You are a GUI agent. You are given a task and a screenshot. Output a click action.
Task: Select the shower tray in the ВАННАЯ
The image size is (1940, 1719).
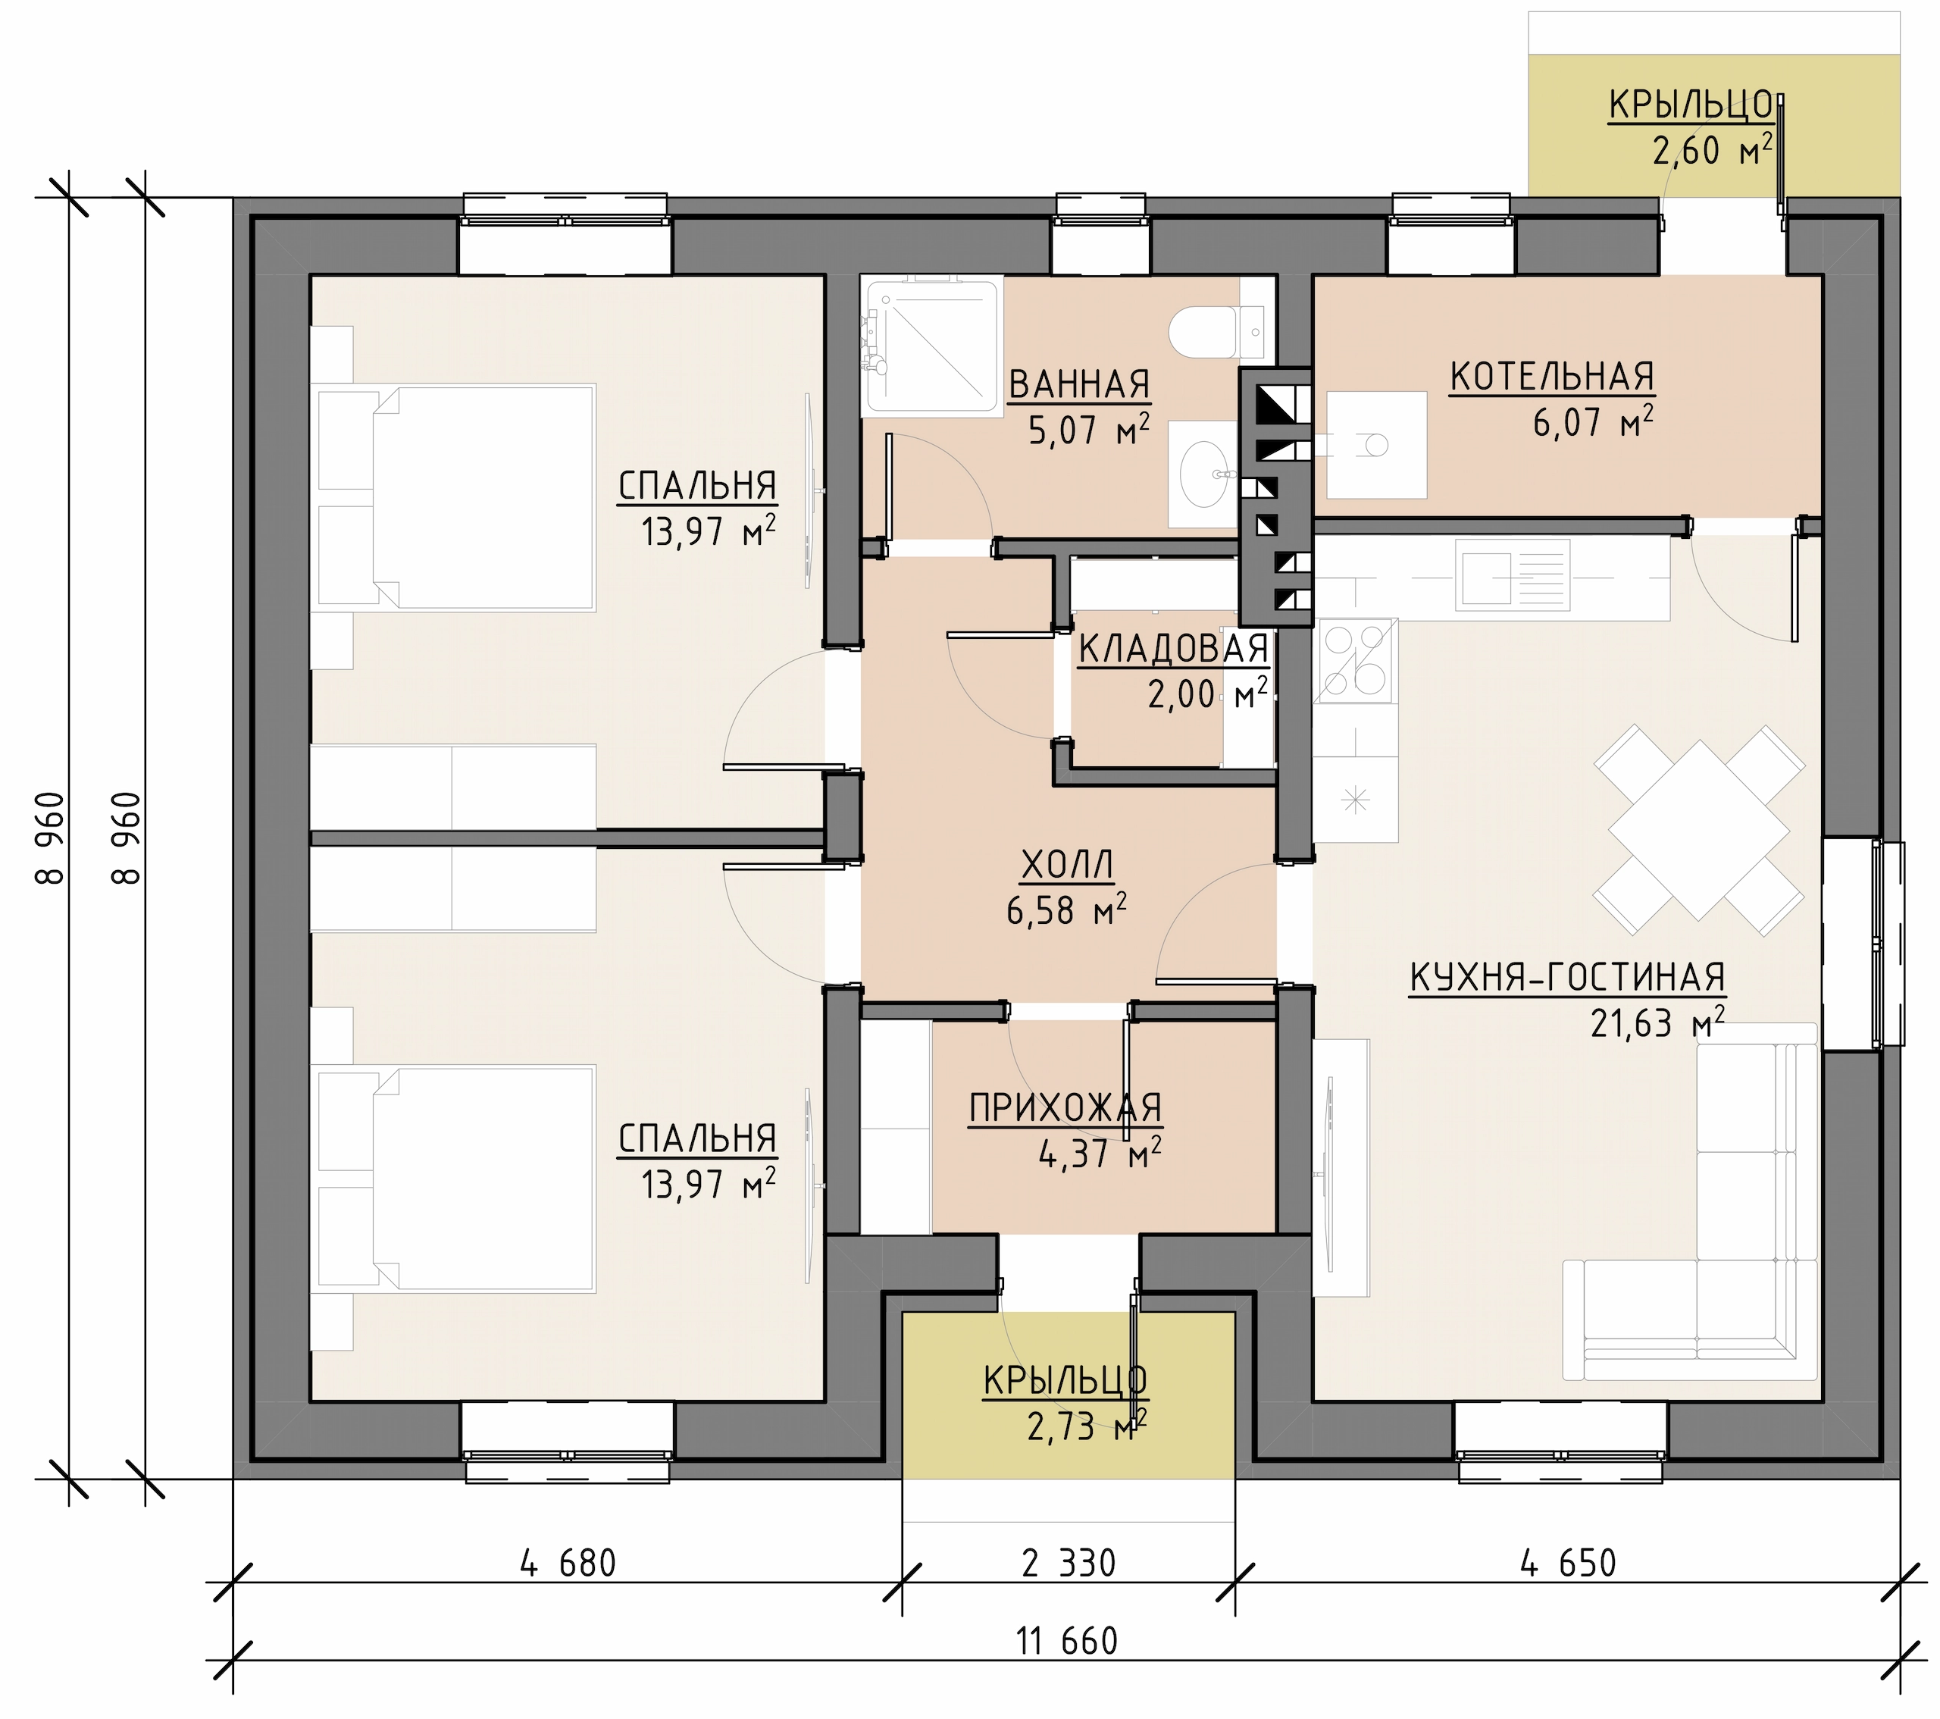[x=932, y=346]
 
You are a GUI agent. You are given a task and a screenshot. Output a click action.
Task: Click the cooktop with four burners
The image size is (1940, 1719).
[x=1355, y=661]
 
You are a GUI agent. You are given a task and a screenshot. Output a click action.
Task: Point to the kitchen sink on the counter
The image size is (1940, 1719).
[x=1513, y=575]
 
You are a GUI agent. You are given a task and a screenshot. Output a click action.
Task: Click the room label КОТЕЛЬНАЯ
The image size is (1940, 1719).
[x=1552, y=377]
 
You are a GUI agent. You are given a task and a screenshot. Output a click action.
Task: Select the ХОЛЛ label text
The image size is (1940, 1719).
[x=1067, y=865]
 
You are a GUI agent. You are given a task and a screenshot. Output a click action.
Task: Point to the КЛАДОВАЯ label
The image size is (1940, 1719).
[x=1174, y=650]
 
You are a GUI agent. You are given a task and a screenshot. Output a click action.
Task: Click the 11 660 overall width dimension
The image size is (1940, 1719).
[x=1067, y=1641]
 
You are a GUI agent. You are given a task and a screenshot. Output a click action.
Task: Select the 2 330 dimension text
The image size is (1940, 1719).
[x=1069, y=1564]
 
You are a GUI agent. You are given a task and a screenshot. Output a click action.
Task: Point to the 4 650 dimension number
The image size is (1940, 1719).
[x=1568, y=1564]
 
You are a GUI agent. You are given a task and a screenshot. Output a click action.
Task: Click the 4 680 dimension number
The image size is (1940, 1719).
[x=568, y=1564]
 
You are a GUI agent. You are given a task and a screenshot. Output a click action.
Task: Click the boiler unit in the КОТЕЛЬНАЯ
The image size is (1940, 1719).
[x=1376, y=444]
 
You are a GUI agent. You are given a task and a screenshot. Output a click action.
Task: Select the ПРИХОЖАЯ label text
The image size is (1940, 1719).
[x=1065, y=1107]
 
